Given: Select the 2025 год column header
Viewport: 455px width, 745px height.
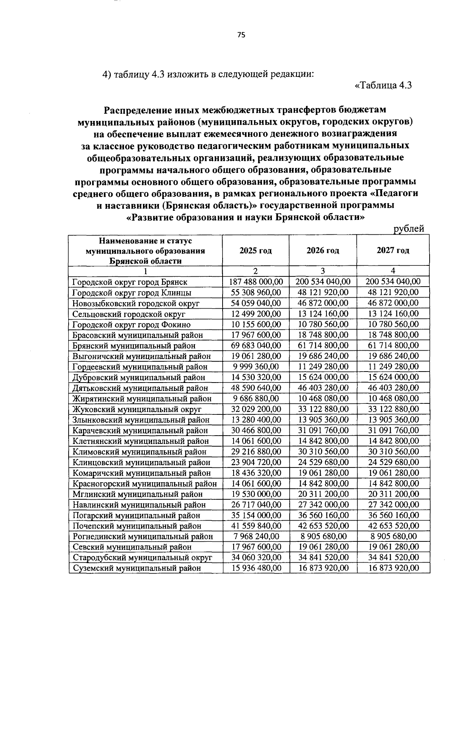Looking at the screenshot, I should pos(256,251).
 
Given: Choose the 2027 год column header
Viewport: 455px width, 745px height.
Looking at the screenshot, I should pos(393,251).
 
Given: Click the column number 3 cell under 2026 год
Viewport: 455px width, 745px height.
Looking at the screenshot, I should pos(323,271).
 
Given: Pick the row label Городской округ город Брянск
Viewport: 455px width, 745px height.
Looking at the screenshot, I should pos(130,282).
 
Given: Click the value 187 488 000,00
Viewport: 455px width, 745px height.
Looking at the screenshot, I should pos(256,282).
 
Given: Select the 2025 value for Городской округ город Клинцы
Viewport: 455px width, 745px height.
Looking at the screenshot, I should pos(256,292).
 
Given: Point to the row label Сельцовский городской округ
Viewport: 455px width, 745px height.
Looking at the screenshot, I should pos(129,314).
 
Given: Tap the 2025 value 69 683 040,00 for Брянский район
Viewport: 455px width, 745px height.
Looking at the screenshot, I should pos(256,345).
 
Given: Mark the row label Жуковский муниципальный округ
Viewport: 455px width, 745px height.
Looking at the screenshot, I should pos(136,409).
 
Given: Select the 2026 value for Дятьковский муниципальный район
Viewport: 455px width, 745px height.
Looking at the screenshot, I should pos(323,388).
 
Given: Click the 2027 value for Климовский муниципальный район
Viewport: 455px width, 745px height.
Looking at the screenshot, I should pos(394,452).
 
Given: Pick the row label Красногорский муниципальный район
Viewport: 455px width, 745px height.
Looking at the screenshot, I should pos(144,484).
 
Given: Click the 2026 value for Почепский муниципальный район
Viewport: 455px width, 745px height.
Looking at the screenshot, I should pos(323,526).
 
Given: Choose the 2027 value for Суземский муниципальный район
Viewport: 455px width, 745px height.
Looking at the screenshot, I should pos(394,568).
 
